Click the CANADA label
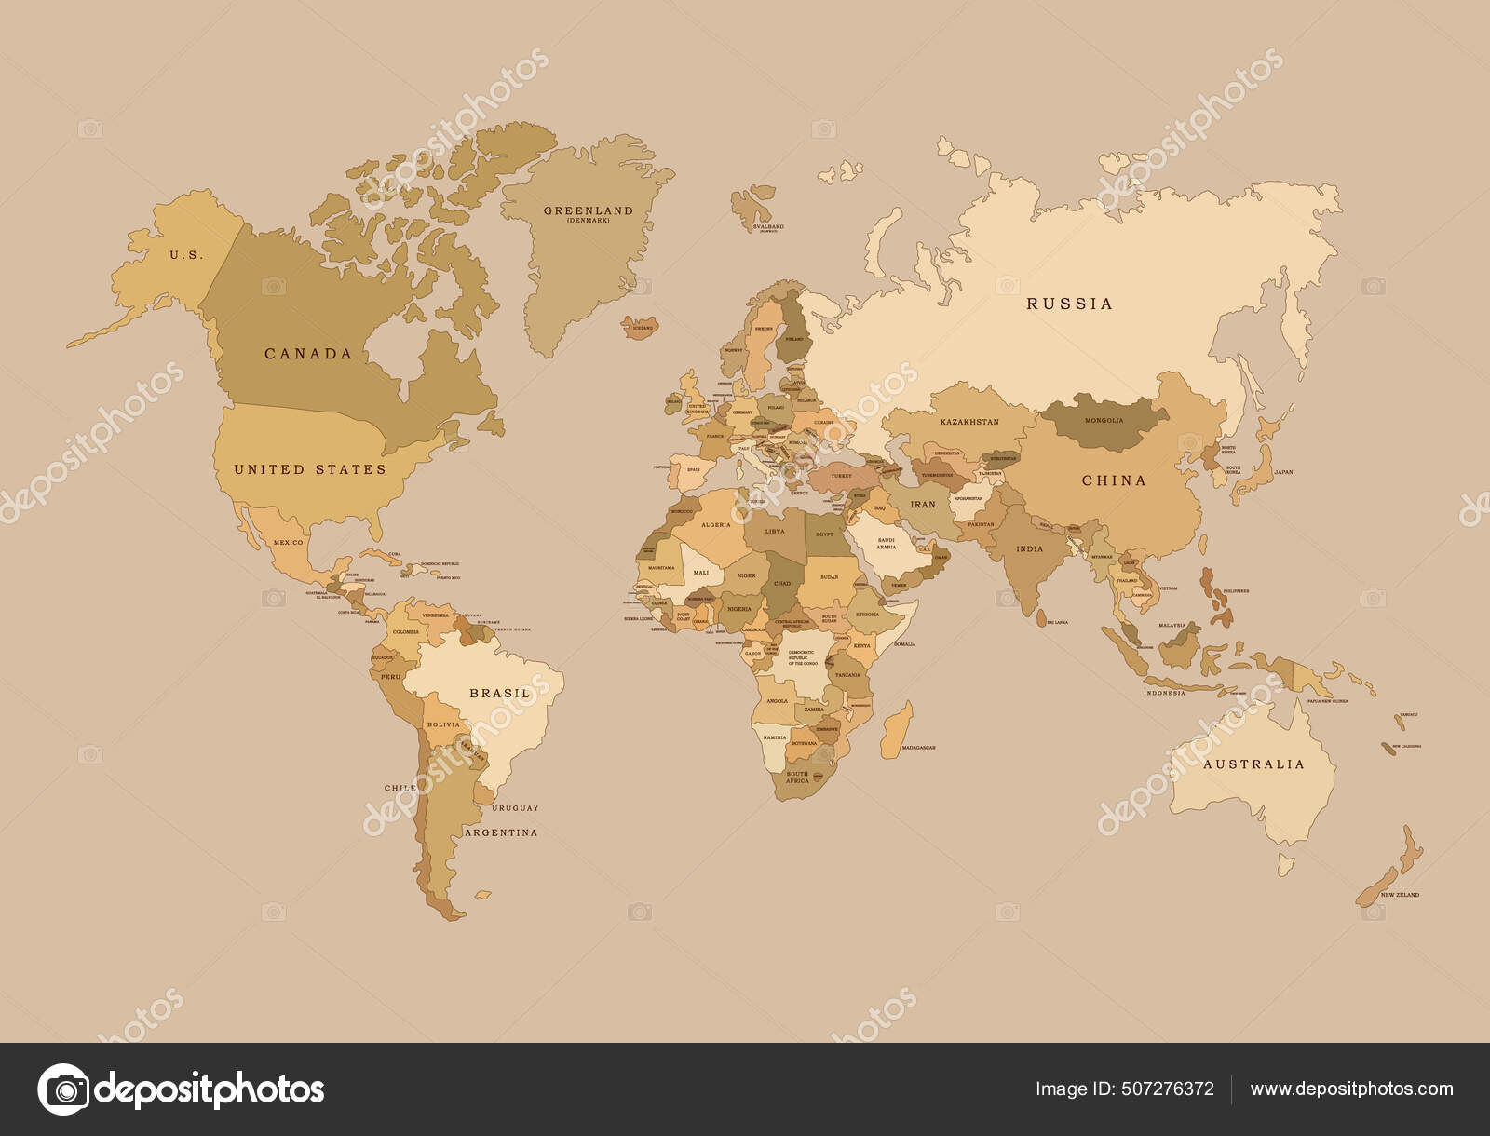coord(308,354)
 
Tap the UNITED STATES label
coord(309,469)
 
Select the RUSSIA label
coord(1069,304)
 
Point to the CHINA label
coord(1114,480)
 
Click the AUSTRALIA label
coord(1253,764)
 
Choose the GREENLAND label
coord(588,211)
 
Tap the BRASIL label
coord(500,694)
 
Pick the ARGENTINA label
coord(500,832)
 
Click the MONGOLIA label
coord(1104,420)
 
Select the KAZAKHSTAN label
coord(969,422)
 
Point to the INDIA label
coord(1029,549)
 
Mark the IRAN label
coord(922,505)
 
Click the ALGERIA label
coord(715,525)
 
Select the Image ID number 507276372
coord(1170,1089)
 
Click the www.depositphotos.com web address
coord(1351,1089)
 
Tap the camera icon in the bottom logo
coord(63,1089)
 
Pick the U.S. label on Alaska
coord(186,254)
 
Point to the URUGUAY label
coord(515,808)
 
